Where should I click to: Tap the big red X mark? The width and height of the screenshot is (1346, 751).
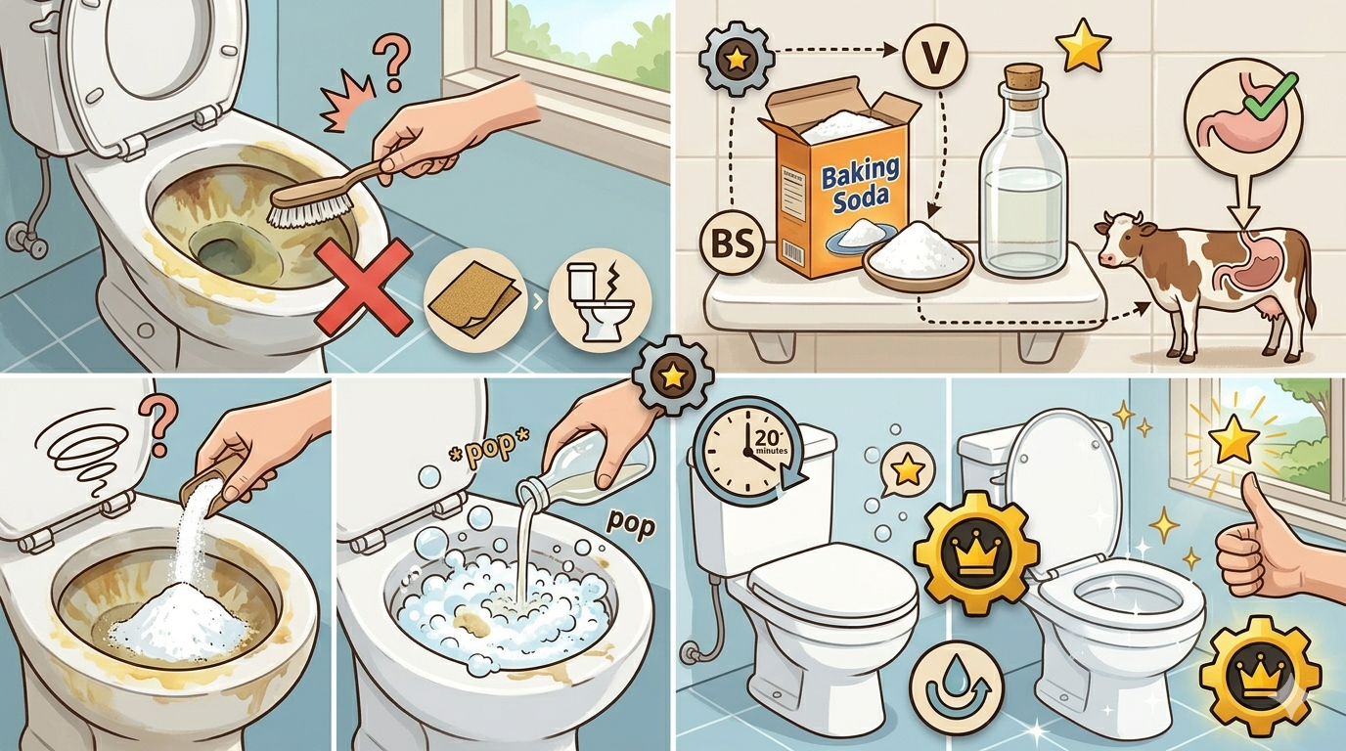pyautogui.click(x=364, y=287)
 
